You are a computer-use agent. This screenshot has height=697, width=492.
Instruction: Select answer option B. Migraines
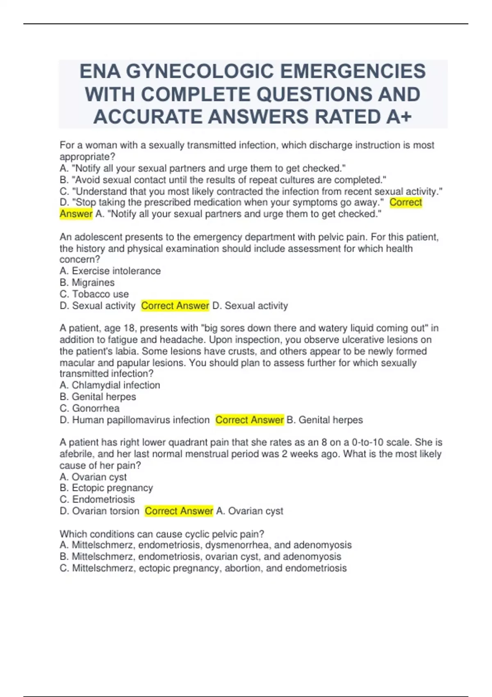[x=87, y=282]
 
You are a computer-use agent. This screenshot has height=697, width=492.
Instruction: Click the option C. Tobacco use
[x=94, y=294]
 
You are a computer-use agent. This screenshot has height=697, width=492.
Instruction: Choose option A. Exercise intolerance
[x=110, y=271]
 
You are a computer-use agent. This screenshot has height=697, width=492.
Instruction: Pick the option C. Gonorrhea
[x=89, y=408]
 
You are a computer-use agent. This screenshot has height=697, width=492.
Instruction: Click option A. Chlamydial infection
[x=109, y=385]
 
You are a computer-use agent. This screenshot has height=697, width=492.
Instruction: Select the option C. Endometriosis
[x=97, y=499]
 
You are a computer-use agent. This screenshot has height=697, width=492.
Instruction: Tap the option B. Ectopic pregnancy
[x=106, y=488]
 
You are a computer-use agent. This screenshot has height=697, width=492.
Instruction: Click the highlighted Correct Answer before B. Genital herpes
[x=249, y=420]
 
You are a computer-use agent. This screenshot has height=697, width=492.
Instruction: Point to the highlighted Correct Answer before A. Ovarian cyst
[x=179, y=511]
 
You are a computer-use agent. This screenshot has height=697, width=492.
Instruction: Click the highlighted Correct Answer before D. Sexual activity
[x=175, y=305]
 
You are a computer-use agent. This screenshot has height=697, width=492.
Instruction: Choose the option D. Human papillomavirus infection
[x=134, y=420]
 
